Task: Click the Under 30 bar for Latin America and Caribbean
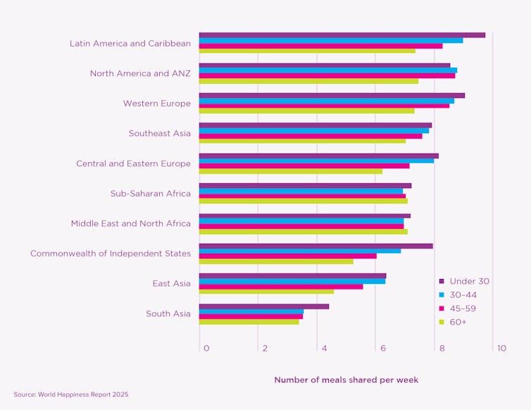pos(342,35)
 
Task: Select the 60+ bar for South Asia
pos(249,322)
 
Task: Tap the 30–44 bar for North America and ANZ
pos(327,70)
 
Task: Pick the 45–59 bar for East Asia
pos(280,287)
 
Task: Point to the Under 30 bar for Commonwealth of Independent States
pos(316,246)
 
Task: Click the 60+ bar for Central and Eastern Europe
pos(290,171)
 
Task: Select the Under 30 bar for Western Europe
pos(332,95)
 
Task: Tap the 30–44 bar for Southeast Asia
pos(313,130)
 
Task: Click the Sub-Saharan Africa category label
pos(150,194)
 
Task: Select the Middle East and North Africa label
pos(130,223)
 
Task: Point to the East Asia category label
pos(171,283)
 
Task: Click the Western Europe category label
pos(156,104)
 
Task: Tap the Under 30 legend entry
pos(468,281)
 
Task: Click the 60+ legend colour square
pos(442,322)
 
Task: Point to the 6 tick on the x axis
pos(382,349)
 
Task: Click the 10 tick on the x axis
pos(501,349)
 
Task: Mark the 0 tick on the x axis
pos(206,349)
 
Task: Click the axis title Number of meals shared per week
pos(346,380)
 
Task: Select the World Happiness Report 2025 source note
pos(71,395)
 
